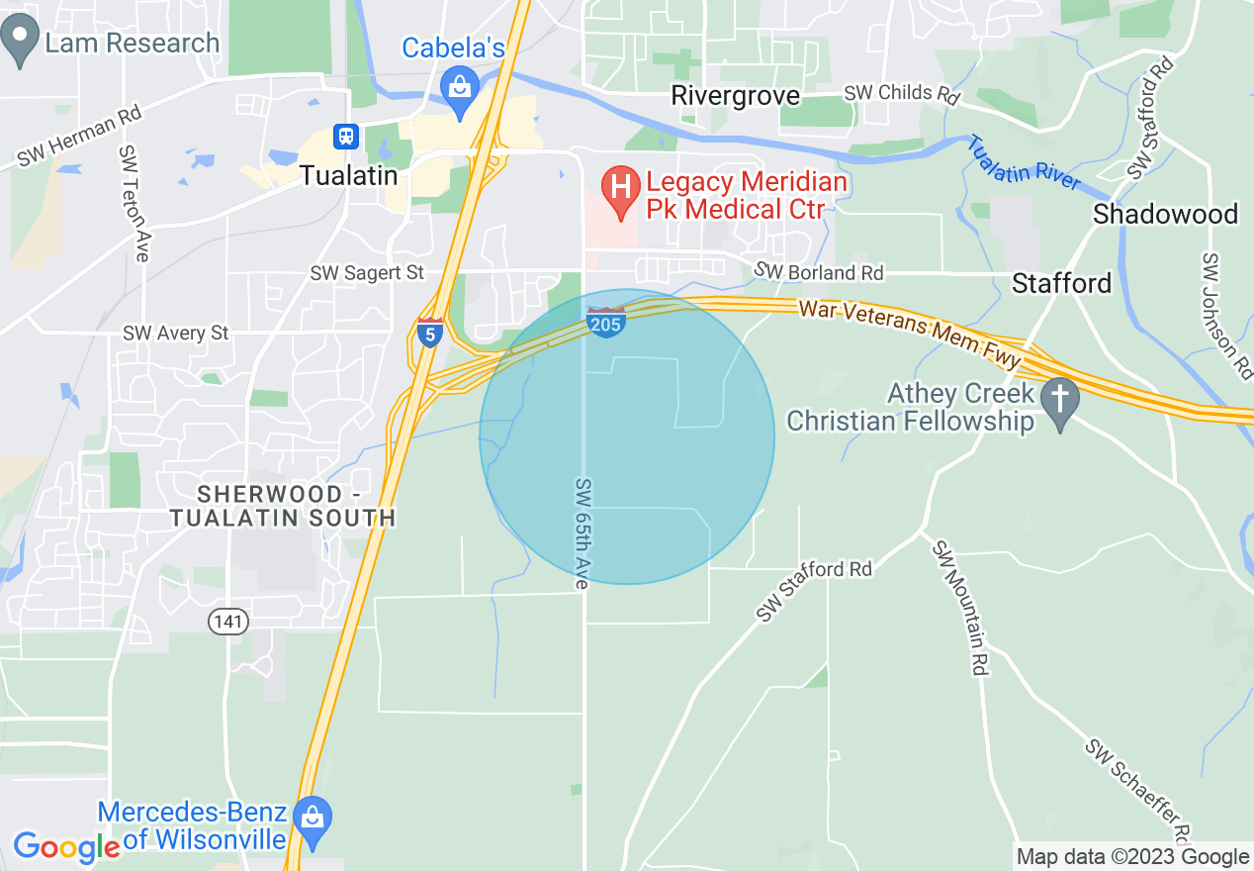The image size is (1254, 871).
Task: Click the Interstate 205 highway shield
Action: click(x=605, y=322)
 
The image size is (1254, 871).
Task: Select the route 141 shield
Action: click(x=228, y=622)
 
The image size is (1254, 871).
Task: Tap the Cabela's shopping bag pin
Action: click(x=460, y=86)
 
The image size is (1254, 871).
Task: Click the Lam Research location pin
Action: click(x=21, y=44)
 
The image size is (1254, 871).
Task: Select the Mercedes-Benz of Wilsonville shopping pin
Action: click(x=313, y=821)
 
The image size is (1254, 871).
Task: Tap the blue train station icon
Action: click(x=346, y=137)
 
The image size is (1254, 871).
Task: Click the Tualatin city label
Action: click(x=349, y=176)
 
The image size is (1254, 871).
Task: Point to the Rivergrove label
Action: click(x=736, y=95)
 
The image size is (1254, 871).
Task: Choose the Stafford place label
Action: click(x=1062, y=283)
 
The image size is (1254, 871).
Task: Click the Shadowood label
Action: click(x=1165, y=214)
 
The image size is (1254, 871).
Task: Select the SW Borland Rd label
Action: click(x=819, y=271)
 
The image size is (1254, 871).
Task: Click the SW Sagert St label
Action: click(x=367, y=272)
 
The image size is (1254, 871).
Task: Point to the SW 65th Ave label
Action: click(x=582, y=534)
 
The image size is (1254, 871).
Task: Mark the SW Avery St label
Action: click(x=176, y=334)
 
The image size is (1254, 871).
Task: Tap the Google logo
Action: click(x=66, y=846)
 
